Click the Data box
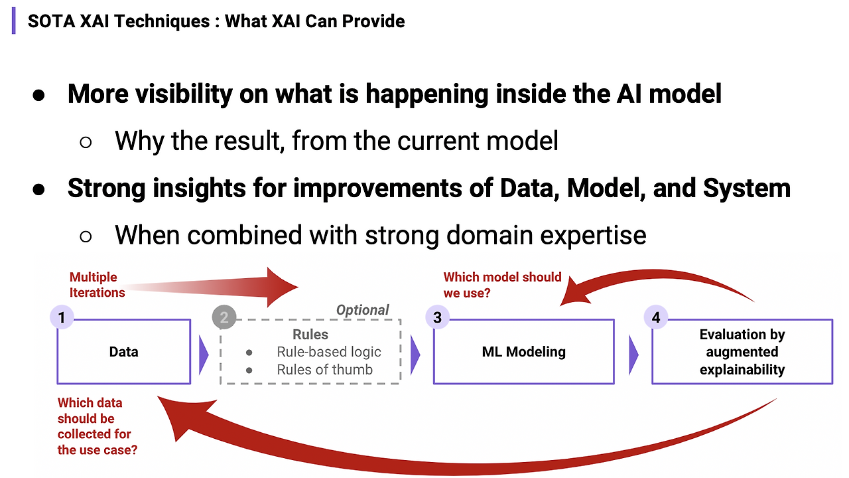[124, 351]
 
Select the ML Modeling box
[523, 351]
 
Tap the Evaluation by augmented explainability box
[742, 351]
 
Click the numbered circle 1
[62, 318]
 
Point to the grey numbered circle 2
[224, 318]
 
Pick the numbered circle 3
[437, 318]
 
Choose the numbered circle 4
[656, 318]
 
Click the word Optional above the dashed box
[362, 310]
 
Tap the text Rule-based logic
[329, 352]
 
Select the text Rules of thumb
[324, 370]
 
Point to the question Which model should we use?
[502, 284]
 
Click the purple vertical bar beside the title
[14, 21]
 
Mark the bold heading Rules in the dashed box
[310, 335]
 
